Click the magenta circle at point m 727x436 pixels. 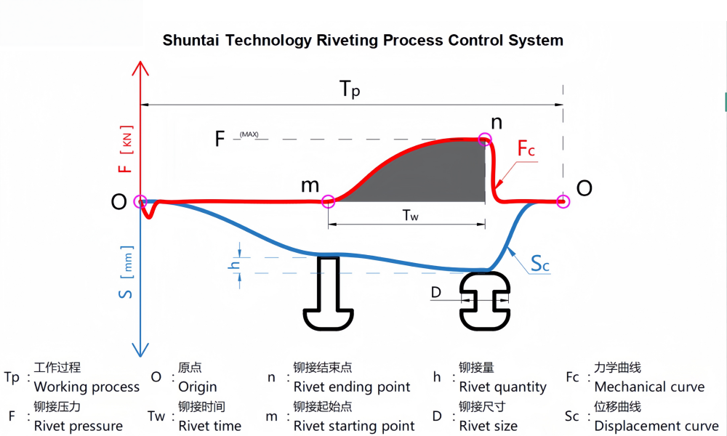(328, 201)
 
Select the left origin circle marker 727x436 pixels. (140, 201)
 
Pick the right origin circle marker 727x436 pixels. (563, 201)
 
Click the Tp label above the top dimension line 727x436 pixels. (350, 91)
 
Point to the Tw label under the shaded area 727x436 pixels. (410, 216)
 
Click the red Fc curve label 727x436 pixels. (526, 150)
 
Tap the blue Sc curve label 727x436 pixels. (539, 265)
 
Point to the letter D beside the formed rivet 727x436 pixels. (436, 292)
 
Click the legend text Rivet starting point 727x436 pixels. (354, 426)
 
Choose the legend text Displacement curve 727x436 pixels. (656, 426)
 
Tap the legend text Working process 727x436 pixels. (87, 387)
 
